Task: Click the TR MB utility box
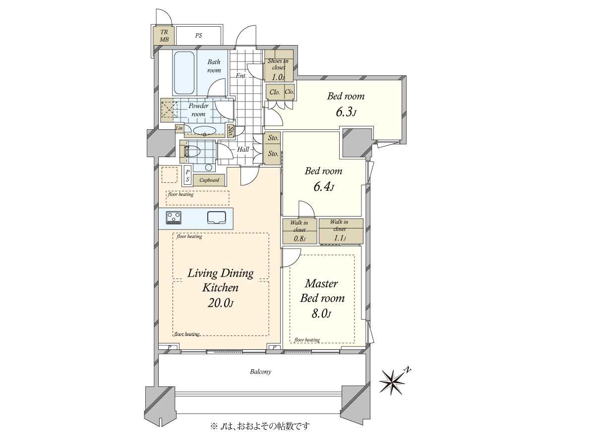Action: (164, 36)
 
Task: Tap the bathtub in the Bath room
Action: (184, 73)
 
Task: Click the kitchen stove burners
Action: (174, 218)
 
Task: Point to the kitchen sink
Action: (217, 218)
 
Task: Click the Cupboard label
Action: (209, 180)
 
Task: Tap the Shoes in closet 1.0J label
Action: (278, 69)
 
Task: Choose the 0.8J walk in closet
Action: (299, 231)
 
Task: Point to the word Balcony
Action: (260, 372)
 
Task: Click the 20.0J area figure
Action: (220, 303)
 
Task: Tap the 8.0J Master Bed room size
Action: (321, 314)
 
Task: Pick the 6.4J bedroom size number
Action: (323, 187)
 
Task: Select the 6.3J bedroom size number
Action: (346, 112)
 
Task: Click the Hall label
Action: (243, 149)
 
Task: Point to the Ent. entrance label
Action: (241, 76)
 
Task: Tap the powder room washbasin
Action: (205, 131)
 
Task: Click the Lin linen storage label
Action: (179, 128)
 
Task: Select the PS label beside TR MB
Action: (198, 36)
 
